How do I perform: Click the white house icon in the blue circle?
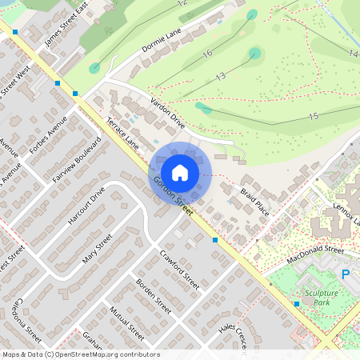point(180,171)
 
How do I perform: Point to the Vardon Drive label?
point(167,114)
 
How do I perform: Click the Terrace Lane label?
point(122,133)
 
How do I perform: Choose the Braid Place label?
point(254,202)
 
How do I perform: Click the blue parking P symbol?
point(346,274)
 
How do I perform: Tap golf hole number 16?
point(207,54)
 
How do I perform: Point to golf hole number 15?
point(313,117)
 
